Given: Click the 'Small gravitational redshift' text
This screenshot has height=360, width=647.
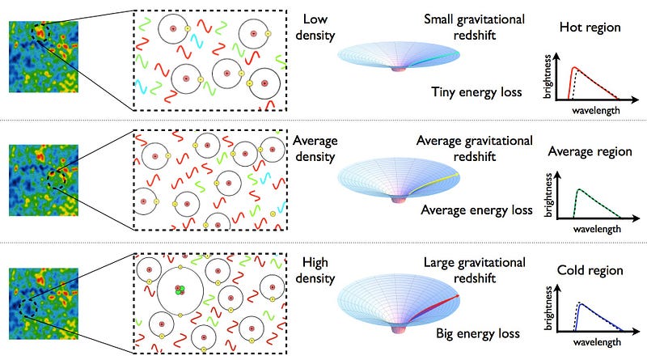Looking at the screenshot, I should click(474, 28).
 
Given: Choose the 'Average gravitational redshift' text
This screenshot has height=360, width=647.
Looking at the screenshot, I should click(474, 150).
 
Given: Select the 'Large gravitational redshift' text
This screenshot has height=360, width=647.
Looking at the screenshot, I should click(474, 271).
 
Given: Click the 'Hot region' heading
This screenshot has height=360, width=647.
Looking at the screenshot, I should click(590, 28).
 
